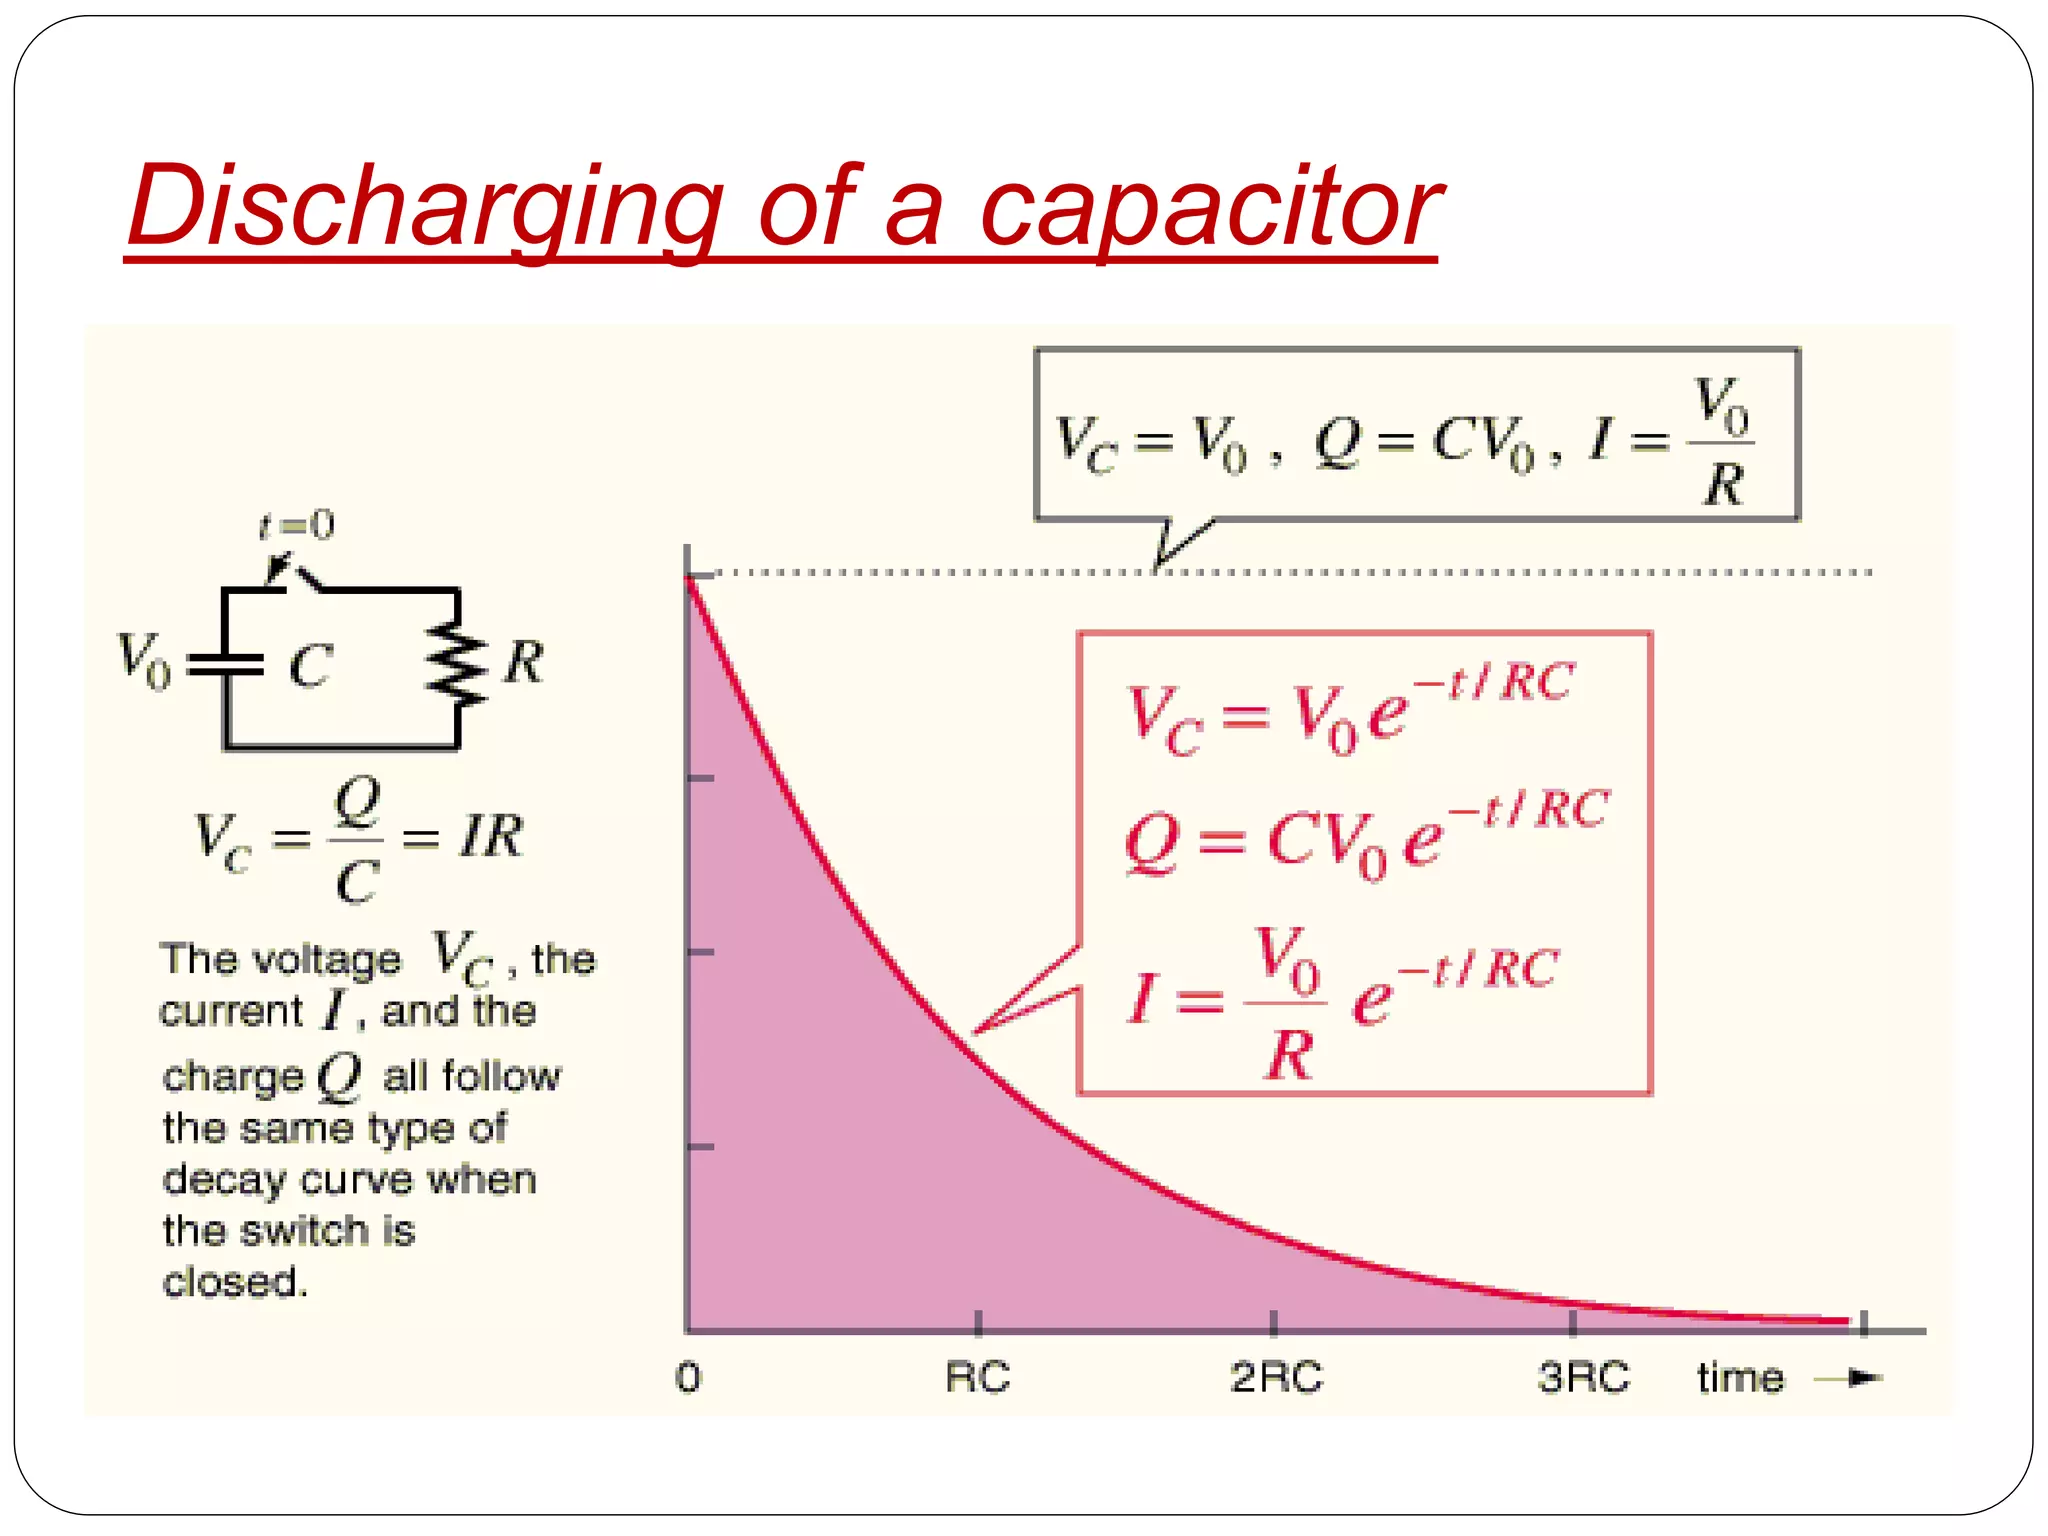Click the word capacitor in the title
tap(1209, 208)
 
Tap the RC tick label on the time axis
tap(977, 1378)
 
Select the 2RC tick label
tap(1276, 1378)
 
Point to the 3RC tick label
tap(1583, 1378)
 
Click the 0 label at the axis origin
tap(688, 1378)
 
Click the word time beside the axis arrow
tap(1740, 1378)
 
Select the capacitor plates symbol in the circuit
tap(226, 664)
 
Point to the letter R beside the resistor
tap(523, 662)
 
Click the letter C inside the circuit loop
tap(310, 666)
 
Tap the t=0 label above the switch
tap(296, 525)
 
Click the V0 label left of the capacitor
tap(144, 660)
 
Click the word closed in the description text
tap(234, 1282)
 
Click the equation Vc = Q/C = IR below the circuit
tap(357, 838)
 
